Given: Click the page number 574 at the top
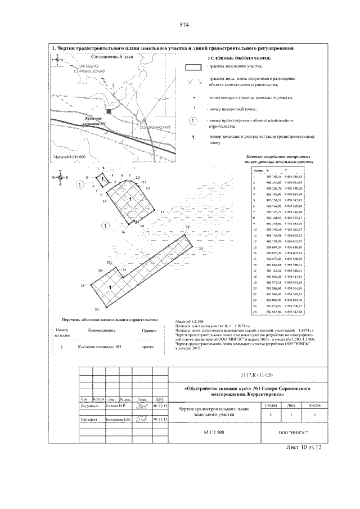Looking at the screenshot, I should coord(183,25).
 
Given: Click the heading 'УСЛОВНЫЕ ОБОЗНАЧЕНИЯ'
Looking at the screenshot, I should coord(238,58).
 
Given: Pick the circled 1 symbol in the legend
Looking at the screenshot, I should coord(193,121).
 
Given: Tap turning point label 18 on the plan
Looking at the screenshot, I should coord(83,286).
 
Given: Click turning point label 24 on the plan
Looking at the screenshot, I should coord(97,310).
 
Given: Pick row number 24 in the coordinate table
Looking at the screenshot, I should coord(255,311).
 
